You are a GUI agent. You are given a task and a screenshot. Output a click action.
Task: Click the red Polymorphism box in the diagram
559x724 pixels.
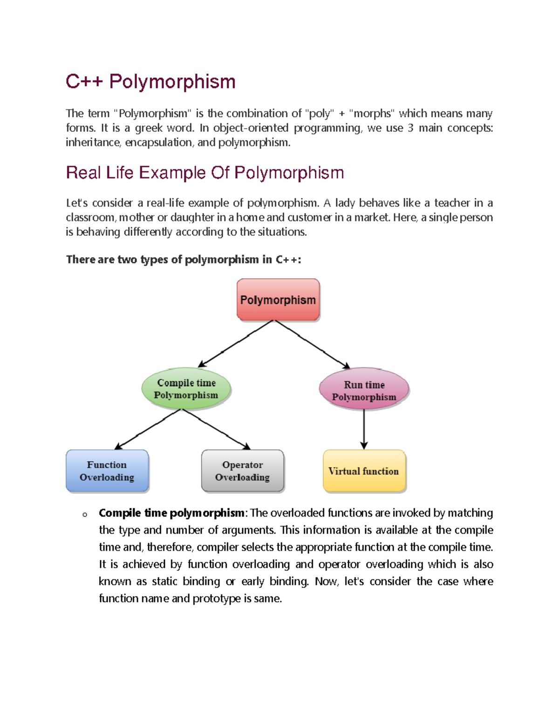(x=278, y=300)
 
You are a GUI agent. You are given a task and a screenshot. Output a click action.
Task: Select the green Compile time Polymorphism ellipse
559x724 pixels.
(x=186, y=389)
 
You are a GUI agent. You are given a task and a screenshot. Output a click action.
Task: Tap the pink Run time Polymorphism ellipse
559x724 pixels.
(x=364, y=390)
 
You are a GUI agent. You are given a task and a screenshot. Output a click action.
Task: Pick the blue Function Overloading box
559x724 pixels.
(x=107, y=471)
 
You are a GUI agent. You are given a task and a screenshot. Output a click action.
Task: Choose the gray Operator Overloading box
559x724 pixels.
(x=242, y=471)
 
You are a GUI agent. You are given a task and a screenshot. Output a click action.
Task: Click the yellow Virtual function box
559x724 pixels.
(x=364, y=471)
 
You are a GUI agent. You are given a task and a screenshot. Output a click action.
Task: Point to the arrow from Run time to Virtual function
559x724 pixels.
(x=364, y=429)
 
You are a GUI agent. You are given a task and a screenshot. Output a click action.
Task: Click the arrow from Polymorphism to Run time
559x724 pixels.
(x=312, y=344)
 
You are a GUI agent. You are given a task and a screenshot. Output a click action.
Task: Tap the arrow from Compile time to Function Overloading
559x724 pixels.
(x=147, y=429)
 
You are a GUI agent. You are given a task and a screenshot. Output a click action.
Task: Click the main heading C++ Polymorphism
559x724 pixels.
(x=150, y=82)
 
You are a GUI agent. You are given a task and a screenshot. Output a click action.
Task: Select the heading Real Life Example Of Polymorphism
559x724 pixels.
(x=205, y=172)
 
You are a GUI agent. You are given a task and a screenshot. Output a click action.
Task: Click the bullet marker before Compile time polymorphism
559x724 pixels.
(x=85, y=515)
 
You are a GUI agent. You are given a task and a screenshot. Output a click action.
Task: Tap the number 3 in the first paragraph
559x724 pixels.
(x=410, y=128)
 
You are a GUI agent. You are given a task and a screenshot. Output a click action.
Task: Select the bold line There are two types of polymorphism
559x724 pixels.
(x=184, y=260)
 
